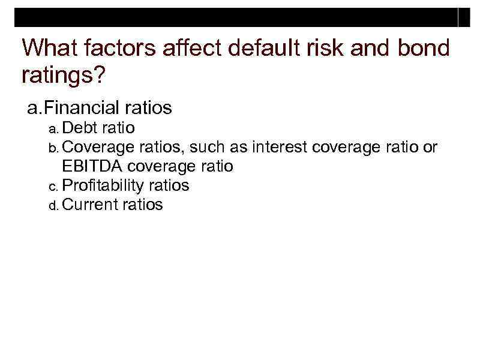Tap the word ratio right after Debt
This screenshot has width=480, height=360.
(118, 128)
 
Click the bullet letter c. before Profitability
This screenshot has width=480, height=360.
(53, 187)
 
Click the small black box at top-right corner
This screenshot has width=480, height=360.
(464, 18)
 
